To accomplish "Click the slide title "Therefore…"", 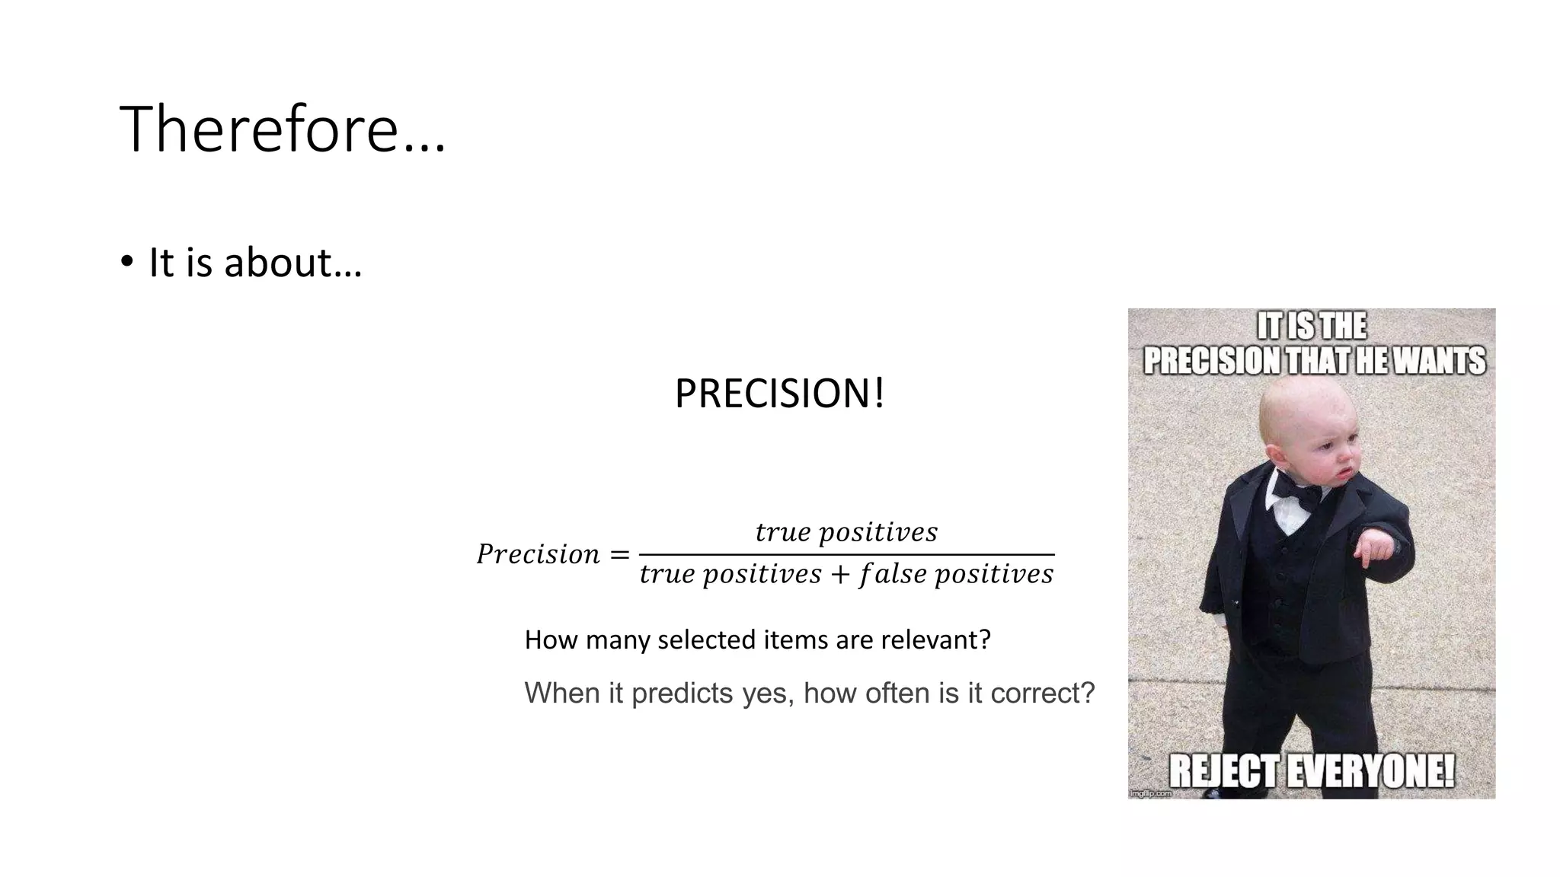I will point(282,129).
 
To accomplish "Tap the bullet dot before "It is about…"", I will point(126,261).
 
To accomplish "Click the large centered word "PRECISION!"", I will point(779,394).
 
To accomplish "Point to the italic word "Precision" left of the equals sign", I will point(538,554).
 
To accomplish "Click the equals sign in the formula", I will point(620,555).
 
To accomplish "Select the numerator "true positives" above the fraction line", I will point(846,532).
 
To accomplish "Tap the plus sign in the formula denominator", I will point(840,575).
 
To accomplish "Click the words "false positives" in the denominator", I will point(956,575).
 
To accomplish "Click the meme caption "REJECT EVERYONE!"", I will point(1312,770).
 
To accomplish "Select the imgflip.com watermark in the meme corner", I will point(1150,793).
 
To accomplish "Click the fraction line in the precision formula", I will point(846,554).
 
